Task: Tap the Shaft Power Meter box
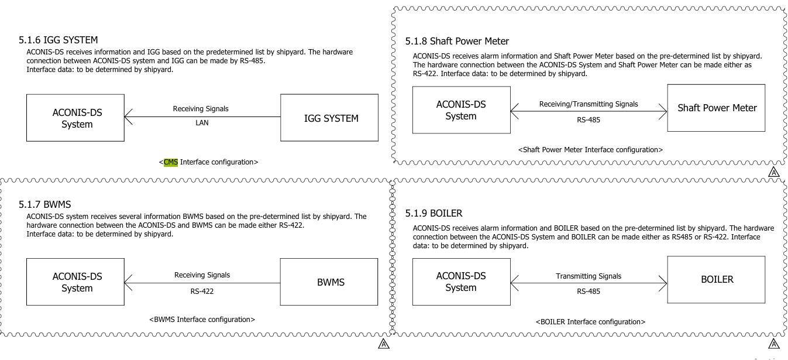click(x=716, y=108)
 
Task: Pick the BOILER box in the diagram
click(x=716, y=279)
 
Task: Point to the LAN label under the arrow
click(x=202, y=124)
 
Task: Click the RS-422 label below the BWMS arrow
click(x=202, y=289)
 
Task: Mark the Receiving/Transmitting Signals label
click(x=589, y=104)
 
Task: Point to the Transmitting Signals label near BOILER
click(x=588, y=276)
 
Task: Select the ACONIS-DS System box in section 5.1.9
click(x=461, y=282)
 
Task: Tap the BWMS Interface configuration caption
click(x=202, y=320)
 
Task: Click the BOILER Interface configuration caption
click(x=590, y=322)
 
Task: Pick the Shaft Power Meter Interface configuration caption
click(x=590, y=150)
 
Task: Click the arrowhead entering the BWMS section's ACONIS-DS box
click(x=128, y=283)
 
